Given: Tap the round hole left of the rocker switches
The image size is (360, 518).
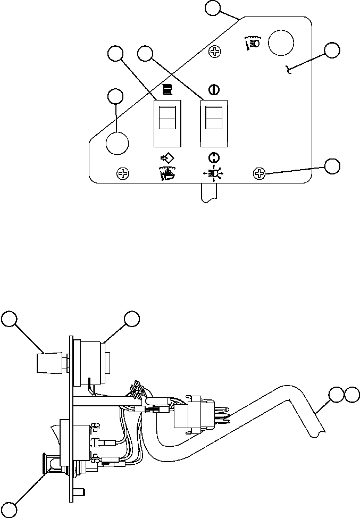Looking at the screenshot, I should (x=117, y=143).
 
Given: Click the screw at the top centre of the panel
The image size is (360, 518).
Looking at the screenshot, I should (x=215, y=52).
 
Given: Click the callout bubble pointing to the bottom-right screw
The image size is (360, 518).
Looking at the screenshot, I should (x=333, y=165).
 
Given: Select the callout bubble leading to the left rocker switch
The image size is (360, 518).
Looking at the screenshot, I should (x=115, y=53).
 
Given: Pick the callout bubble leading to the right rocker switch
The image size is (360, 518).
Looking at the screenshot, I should (x=145, y=53).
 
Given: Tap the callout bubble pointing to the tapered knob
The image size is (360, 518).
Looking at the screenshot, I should (x=9, y=319).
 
